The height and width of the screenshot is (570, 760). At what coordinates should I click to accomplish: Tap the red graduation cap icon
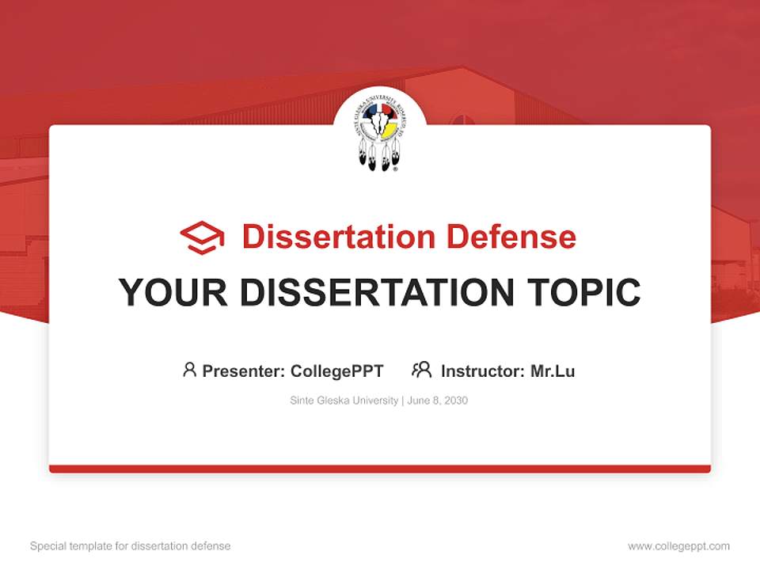click(202, 237)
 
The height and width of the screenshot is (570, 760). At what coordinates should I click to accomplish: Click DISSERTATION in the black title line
click(377, 293)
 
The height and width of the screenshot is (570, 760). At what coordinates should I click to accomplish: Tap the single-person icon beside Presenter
click(189, 370)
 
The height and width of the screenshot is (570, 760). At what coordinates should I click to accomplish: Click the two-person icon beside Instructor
click(421, 370)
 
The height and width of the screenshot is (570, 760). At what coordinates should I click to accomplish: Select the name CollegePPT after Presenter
click(337, 370)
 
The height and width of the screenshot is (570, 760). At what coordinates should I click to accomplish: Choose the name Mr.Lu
click(553, 370)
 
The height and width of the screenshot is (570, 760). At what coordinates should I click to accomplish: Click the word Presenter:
click(244, 370)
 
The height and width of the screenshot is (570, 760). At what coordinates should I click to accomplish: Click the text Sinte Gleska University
click(344, 401)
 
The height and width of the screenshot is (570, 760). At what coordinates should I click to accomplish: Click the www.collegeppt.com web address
click(678, 546)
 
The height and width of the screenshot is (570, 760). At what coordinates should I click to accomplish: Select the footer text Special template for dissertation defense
click(131, 546)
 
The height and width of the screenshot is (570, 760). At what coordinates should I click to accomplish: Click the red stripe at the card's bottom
click(380, 469)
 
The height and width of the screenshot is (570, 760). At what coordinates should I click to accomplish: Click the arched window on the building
click(462, 120)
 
